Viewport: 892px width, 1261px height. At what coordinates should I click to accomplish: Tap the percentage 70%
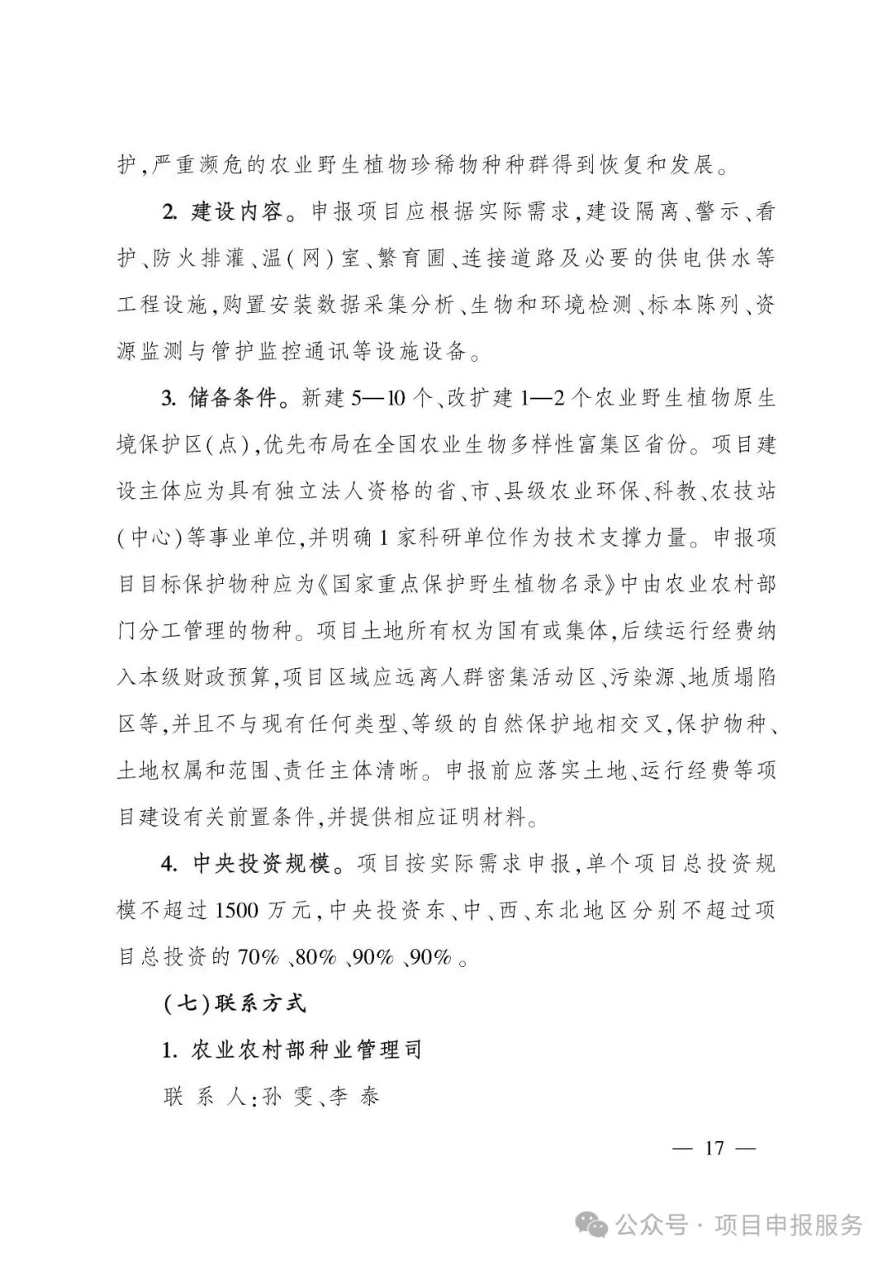[259, 957]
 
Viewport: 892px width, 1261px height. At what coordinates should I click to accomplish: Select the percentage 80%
[316, 957]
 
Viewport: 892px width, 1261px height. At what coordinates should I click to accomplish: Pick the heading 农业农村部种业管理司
[306, 1050]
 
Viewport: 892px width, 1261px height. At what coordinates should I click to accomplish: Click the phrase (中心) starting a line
[149, 538]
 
